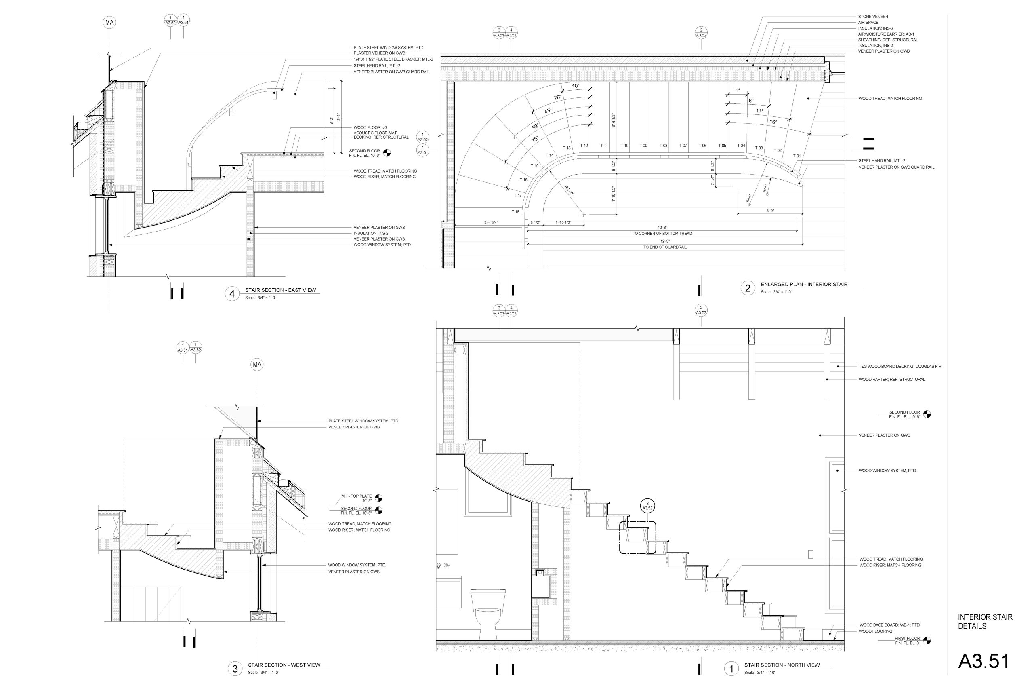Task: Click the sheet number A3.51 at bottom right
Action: coord(984,661)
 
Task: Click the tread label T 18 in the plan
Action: coord(515,212)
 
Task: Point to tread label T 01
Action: coord(797,156)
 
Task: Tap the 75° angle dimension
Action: coord(535,139)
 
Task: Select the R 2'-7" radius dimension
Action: coord(570,190)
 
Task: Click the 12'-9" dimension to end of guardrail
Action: coord(665,241)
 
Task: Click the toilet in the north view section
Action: coord(488,614)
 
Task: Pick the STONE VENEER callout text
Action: coord(873,17)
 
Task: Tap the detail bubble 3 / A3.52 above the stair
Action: coord(647,506)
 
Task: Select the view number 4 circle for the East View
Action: coord(232,293)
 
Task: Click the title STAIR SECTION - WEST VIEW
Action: coord(284,665)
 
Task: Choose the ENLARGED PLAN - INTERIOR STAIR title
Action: coord(804,284)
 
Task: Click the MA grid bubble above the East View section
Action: coord(109,23)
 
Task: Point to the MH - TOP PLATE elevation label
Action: coord(356,496)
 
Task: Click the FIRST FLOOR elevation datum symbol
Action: coord(927,641)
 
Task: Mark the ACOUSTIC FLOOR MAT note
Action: coord(375,133)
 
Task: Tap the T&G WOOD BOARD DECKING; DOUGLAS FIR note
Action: coord(899,367)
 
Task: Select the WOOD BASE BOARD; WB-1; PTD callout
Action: coord(889,625)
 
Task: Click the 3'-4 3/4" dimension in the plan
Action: coord(491,222)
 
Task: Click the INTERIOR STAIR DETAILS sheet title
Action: coord(985,621)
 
